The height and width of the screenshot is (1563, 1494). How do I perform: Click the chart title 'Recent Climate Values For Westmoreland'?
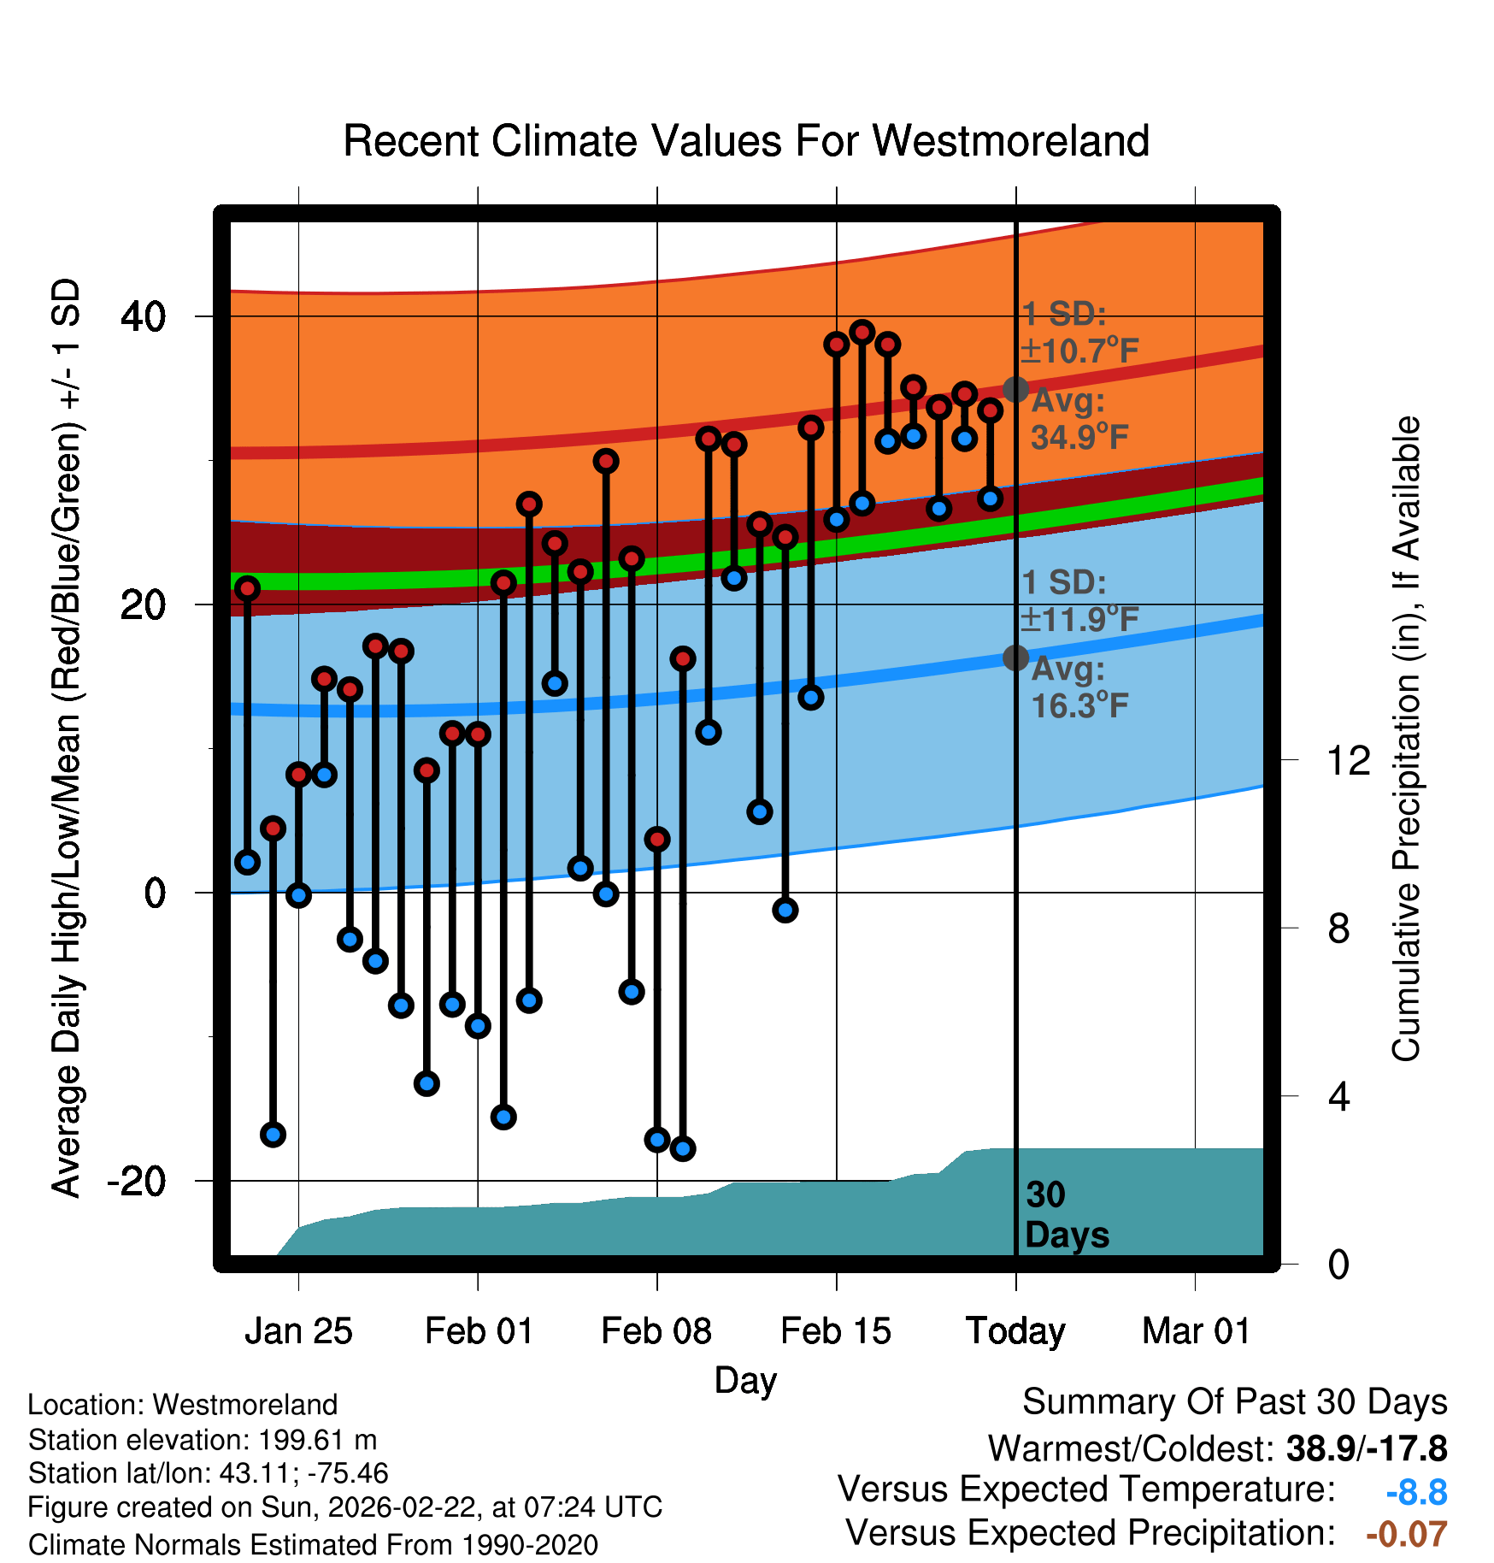(745, 142)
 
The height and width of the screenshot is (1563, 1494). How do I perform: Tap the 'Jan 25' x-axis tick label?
(298, 1331)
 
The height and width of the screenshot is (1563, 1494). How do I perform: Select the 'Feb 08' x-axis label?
(656, 1331)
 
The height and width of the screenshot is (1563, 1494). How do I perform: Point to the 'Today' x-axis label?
(1015, 1331)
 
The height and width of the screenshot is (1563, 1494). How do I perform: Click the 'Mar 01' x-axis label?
(1196, 1331)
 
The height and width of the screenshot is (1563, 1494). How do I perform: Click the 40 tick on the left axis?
(143, 317)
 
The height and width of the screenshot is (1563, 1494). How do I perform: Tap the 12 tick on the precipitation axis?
(1348, 760)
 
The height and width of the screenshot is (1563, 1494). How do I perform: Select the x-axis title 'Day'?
(745, 1380)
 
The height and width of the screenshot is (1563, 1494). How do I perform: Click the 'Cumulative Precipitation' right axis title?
(1406, 739)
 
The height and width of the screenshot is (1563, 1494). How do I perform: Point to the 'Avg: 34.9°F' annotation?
(1079, 419)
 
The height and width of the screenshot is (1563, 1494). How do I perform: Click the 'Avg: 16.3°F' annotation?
(1079, 687)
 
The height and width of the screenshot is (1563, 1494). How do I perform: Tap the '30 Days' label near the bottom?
(1066, 1215)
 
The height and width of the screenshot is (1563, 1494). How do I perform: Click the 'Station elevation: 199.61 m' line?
(203, 1440)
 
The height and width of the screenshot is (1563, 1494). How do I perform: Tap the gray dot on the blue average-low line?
(1015, 658)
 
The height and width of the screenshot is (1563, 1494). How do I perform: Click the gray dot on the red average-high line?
(1015, 389)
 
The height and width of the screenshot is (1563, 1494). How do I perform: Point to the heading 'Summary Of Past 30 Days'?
(1234, 1402)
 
